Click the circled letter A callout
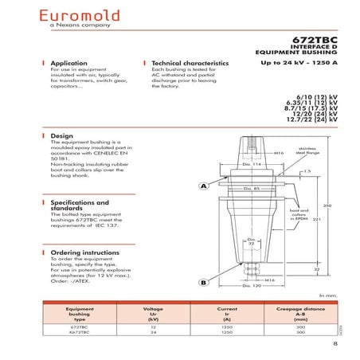click(x=203, y=186)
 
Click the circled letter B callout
click(x=203, y=283)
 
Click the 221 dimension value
click(x=315, y=218)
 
